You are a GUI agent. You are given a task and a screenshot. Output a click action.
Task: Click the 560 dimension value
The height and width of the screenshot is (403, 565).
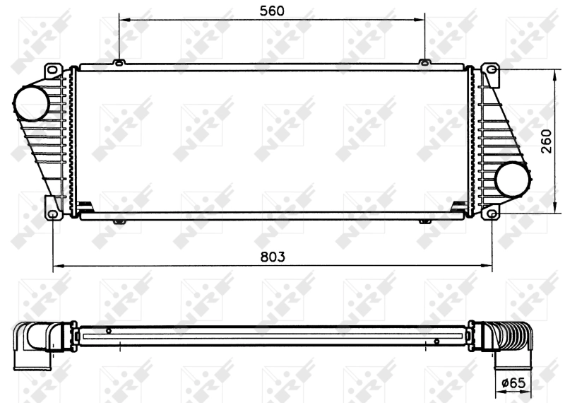point(272,10)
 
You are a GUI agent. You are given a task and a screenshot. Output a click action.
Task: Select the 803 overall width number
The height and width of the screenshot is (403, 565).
point(272,257)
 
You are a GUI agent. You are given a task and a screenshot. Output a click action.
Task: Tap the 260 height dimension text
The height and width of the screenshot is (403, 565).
point(547,140)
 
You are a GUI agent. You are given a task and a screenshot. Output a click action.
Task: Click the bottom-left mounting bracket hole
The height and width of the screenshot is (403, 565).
point(53,212)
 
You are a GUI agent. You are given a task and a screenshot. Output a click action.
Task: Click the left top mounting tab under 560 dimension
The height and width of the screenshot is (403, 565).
point(119,63)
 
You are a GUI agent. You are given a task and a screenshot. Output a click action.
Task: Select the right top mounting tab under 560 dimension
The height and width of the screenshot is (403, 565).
point(424,63)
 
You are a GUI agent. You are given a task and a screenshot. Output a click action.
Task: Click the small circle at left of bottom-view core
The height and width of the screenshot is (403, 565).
point(108,331)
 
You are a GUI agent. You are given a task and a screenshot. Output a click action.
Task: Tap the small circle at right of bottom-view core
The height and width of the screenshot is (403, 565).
point(436,341)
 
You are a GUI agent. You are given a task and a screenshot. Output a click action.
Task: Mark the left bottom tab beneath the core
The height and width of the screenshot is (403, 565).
point(119,222)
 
